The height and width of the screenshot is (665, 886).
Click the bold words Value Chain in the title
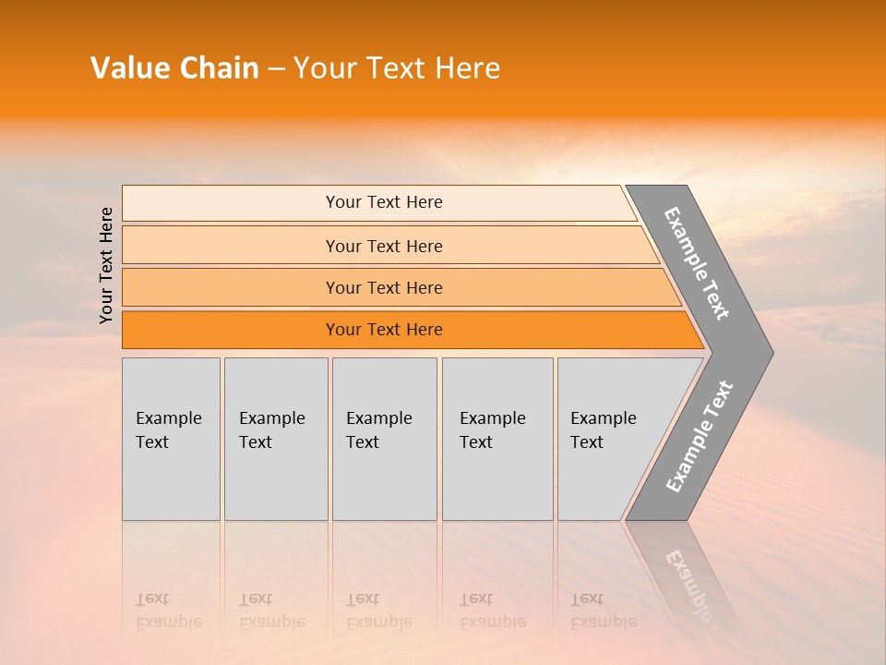click(174, 68)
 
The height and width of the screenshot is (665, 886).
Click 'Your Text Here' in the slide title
click(396, 68)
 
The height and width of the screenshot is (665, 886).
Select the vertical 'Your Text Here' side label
click(106, 265)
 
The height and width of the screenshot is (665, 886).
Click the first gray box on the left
click(171, 439)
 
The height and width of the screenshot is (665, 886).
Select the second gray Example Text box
click(276, 439)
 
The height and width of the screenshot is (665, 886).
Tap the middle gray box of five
click(384, 439)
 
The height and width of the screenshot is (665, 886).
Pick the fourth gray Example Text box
click(497, 439)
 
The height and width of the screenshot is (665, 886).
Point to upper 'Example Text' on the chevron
click(698, 263)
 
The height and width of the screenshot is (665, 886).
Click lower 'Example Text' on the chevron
click(700, 436)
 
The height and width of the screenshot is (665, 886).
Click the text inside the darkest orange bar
click(384, 330)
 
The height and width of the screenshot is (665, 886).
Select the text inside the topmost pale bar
click(384, 202)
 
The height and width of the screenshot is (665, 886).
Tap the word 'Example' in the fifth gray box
click(604, 418)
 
